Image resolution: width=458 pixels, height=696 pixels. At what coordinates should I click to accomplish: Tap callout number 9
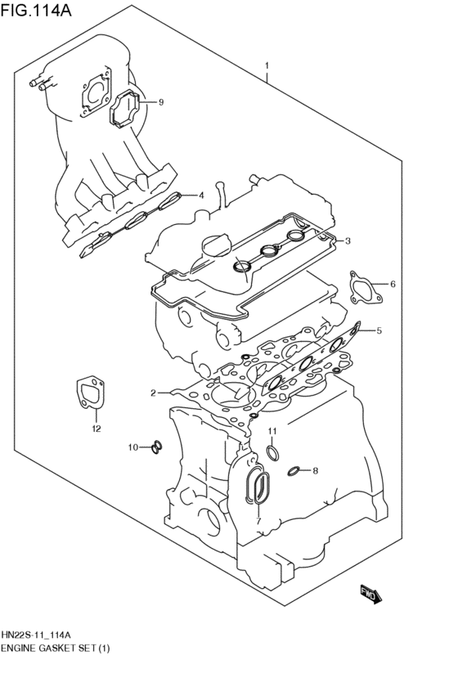point(161,102)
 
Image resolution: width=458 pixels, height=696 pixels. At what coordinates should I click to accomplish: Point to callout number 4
point(201,195)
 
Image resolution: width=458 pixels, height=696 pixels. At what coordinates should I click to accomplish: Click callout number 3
point(348,240)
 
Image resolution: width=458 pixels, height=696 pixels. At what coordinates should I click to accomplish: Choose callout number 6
point(393,284)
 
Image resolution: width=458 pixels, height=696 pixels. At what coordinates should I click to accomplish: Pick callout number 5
point(379,330)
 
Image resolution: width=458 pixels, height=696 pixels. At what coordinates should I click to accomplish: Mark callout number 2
point(153,393)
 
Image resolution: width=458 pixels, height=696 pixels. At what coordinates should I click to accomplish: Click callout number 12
point(96,428)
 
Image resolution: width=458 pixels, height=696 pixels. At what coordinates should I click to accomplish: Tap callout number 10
point(132,447)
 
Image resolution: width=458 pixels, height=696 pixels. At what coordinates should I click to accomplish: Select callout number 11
point(273,431)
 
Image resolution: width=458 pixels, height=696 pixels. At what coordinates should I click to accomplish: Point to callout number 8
point(316,470)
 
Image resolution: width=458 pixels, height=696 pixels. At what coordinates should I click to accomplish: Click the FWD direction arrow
point(370,595)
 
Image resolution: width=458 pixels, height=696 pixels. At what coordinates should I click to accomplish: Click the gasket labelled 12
point(88,392)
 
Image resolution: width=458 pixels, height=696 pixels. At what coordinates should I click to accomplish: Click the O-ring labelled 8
point(293,470)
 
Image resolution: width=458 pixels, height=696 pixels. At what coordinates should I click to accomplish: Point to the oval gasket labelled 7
point(259,487)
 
